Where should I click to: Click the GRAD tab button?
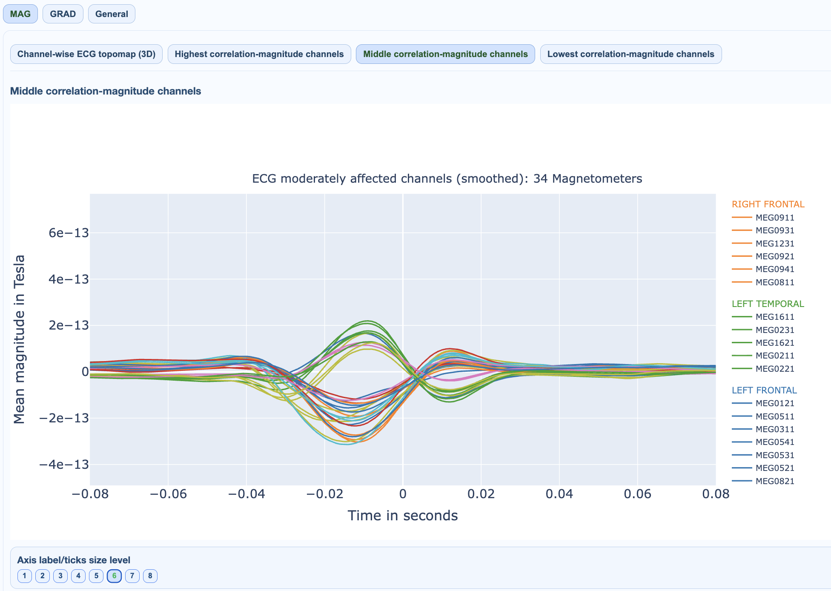[63, 14]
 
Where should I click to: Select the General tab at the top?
[112, 14]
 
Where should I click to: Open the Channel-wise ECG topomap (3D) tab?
[86, 54]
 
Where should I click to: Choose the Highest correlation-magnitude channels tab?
[259, 54]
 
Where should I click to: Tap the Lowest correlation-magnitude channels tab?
[630, 54]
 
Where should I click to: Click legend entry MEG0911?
[775, 218]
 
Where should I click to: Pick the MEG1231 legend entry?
[775, 244]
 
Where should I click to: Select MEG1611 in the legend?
[775, 317]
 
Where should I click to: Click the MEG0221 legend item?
[775, 369]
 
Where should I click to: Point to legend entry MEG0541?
[775, 442]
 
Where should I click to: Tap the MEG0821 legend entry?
[775, 481]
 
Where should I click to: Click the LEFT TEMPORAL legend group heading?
[768, 304]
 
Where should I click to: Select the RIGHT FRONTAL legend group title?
[768, 204]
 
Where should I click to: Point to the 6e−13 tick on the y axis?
[69, 233]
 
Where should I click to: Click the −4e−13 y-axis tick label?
[64, 464]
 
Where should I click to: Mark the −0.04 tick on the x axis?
[246, 494]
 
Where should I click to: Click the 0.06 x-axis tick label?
[637, 494]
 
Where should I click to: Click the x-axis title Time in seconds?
[403, 516]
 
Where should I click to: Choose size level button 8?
[150, 576]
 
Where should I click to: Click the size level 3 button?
[60, 576]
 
